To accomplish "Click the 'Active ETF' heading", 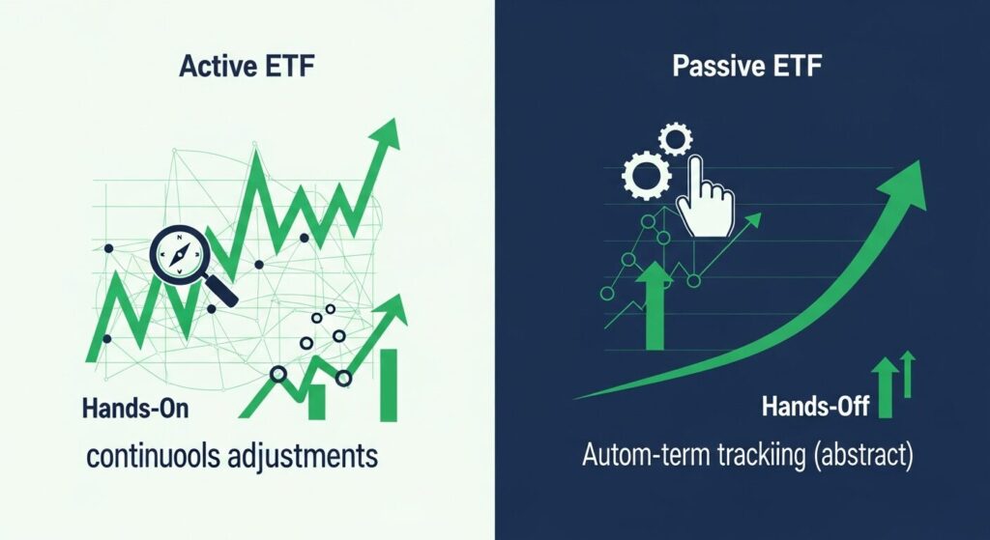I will tap(247, 69).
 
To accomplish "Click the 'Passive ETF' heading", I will tap(742, 69).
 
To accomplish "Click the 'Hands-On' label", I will tap(135, 409).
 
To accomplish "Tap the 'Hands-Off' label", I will tap(817, 407).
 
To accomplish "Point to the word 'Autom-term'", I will tap(642, 457).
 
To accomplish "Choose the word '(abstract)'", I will tap(863, 457).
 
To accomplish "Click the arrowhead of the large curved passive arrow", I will tap(907, 183).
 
